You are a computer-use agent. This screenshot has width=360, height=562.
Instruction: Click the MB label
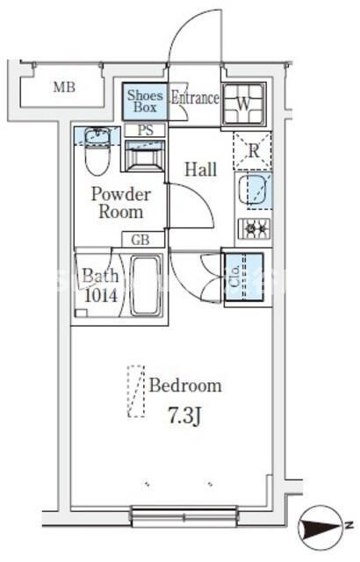click(x=64, y=87)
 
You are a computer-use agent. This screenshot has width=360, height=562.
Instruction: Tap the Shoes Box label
click(x=145, y=102)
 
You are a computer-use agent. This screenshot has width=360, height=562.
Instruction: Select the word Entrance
click(x=195, y=97)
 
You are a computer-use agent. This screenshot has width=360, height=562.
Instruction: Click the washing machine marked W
click(x=243, y=104)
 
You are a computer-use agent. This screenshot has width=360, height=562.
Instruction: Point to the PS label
click(x=146, y=130)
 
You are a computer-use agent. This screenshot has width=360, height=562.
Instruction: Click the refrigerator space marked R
click(x=253, y=151)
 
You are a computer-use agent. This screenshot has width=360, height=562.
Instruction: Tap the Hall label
click(x=200, y=169)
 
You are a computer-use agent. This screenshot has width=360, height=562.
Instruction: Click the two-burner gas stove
click(x=255, y=228)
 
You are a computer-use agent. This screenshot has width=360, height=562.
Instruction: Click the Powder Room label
click(x=121, y=203)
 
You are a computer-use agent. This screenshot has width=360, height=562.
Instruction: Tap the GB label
click(x=140, y=240)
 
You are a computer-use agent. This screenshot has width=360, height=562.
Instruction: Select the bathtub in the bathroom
click(x=146, y=285)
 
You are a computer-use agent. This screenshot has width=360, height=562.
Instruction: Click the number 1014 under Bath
click(x=101, y=296)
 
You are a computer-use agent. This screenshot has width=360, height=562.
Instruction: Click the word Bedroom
click(x=185, y=385)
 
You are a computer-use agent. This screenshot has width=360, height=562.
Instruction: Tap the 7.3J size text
click(x=184, y=416)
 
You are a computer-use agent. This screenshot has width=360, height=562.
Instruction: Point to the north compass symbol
click(x=320, y=527)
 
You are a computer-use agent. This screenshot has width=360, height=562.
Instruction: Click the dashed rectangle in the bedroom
click(x=136, y=391)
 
